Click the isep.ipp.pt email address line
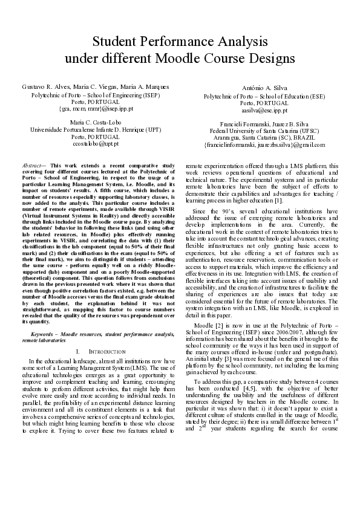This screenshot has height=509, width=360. tap(96, 110)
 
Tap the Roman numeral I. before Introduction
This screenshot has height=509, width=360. tap(79, 351)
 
